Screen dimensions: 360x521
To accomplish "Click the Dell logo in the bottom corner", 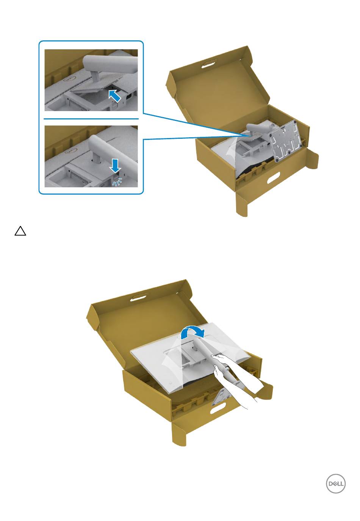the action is pos(335,483).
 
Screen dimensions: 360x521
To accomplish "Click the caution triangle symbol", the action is pos(20,231).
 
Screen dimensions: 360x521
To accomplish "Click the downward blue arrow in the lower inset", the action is pos(115,166).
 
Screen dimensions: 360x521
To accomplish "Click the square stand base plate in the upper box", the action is pos(285,141).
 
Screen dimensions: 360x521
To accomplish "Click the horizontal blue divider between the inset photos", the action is pos(91,119).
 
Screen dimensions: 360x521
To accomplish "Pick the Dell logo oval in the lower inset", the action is pos(70,151).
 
